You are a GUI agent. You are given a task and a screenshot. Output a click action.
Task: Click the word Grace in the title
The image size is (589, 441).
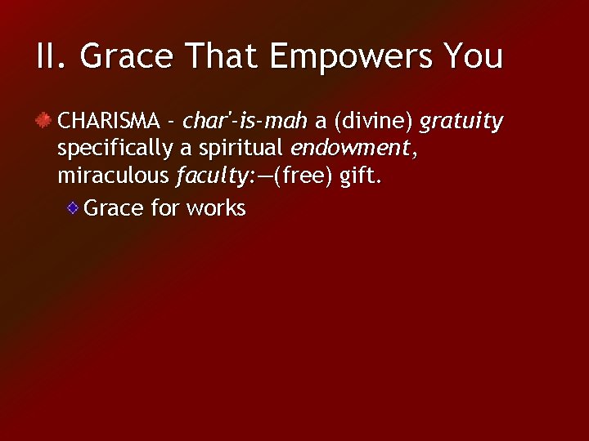point(127,56)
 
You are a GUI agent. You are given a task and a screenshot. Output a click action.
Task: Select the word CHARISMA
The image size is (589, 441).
point(108,122)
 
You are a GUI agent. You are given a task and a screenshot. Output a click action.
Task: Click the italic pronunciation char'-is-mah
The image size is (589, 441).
point(245,122)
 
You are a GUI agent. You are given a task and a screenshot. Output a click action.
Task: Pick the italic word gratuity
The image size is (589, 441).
point(461,122)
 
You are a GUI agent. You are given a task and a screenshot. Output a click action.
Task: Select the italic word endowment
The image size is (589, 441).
point(349,149)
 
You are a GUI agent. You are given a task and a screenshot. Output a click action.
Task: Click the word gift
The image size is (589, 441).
point(359,176)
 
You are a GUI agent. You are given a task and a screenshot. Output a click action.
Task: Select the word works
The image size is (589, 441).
point(216,208)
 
